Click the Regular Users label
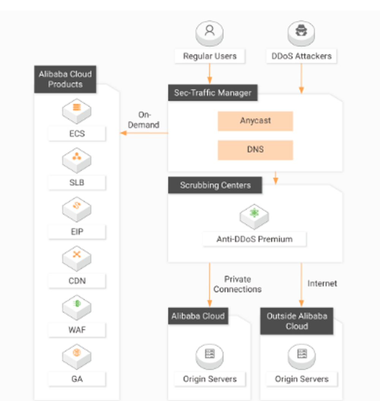click(210, 56)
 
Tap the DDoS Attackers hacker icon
click(301, 33)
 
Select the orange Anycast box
click(255, 121)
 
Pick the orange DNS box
click(255, 150)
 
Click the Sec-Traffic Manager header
click(213, 93)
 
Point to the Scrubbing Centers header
click(215, 186)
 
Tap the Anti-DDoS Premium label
click(254, 239)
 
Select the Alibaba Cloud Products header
click(65, 79)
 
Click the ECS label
click(77, 134)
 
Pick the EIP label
click(77, 232)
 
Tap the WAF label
click(77, 330)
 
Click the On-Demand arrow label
click(144, 120)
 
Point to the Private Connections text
click(237, 284)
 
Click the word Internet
click(322, 284)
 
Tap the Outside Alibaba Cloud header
click(297, 321)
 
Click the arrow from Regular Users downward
click(209, 73)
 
